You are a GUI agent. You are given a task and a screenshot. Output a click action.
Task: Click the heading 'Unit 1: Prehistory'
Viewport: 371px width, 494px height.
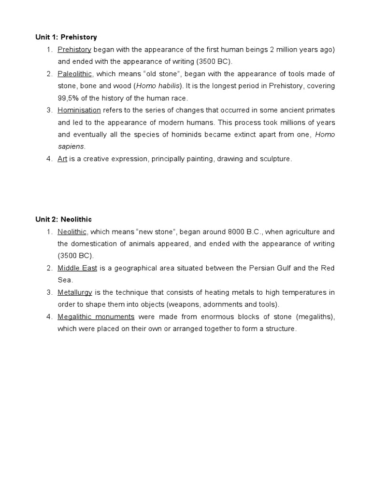click(x=66, y=37)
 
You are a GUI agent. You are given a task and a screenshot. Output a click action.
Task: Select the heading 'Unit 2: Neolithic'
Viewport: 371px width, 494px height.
click(x=63, y=219)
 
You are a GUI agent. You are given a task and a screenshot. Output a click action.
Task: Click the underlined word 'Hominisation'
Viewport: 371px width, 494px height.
click(x=79, y=110)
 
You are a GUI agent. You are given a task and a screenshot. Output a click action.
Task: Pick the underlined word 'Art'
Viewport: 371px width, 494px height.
click(x=62, y=159)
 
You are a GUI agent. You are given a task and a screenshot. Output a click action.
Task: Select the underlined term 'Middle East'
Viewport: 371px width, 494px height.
click(x=77, y=268)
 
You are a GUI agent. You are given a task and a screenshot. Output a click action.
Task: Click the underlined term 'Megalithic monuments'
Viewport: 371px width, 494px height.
click(x=96, y=316)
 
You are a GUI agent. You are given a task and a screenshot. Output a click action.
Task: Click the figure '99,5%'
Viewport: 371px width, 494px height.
click(x=68, y=98)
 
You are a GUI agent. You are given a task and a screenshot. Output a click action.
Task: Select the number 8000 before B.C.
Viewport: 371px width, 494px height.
click(x=230, y=232)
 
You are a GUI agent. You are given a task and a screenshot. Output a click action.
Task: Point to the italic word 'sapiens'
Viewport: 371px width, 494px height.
click(x=71, y=146)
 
